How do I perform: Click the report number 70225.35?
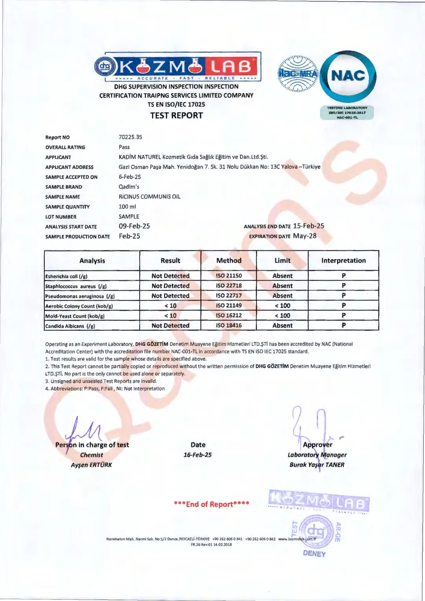(130, 137)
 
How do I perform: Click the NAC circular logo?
(348, 76)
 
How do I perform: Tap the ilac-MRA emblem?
(298, 74)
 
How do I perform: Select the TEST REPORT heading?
(176, 115)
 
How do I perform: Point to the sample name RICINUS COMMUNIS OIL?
(150, 197)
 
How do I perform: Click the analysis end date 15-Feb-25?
(309, 226)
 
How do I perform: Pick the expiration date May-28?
(305, 236)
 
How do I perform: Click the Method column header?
(229, 260)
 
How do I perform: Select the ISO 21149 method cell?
(229, 306)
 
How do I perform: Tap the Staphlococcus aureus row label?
(76, 286)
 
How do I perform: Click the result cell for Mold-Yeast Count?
(170, 315)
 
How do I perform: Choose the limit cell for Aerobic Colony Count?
(282, 306)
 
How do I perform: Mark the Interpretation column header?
(343, 260)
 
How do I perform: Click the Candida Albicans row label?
(70, 326)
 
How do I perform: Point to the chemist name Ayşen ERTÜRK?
(91, 465)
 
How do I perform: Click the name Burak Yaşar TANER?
(317, 465)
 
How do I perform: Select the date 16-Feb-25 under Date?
(198, 455)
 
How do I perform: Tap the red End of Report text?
(212, 504)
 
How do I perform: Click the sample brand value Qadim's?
(129, 187)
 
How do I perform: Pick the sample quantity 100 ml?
(127, 206)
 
